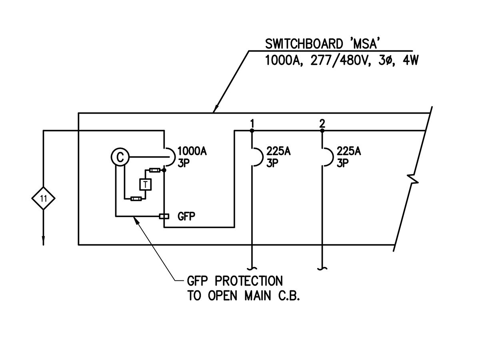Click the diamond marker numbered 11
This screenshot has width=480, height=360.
(43, 198)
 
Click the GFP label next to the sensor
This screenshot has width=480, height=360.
(186, 216)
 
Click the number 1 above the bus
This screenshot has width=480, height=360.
(252, 122)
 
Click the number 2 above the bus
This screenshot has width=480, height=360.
(322, 122)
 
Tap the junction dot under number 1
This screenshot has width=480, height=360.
(252, 130)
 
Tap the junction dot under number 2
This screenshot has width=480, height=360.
(322, 130)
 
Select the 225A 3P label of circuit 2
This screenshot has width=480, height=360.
(349, 157)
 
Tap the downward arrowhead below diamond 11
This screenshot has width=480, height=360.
(43, 241)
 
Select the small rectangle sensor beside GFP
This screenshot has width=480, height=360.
(163, 216)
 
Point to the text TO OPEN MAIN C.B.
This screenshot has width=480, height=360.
(244, 296)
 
